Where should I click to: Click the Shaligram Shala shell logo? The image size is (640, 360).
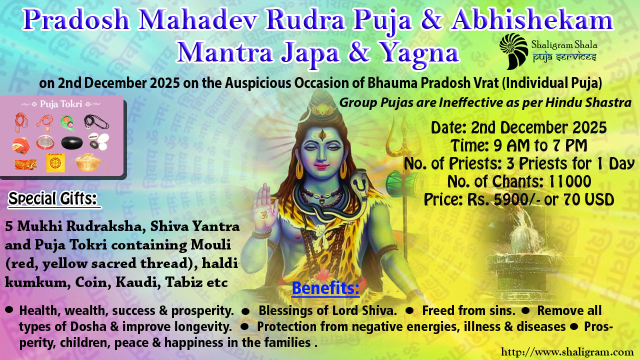click(x=513, y=51)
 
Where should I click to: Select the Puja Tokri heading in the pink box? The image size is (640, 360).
click(x=61, y=103)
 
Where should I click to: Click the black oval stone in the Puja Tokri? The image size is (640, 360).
click(x=72, y=143)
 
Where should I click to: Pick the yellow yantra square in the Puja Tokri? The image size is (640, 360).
click(x=55, y=162)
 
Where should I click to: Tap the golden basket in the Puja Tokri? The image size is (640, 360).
click(x=88, y=162)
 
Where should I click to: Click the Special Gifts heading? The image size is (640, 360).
click(x=53, y=198)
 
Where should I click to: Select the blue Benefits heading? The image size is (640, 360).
click(x=325, y=288)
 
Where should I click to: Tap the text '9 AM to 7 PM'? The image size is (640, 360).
click(x=540, y=145)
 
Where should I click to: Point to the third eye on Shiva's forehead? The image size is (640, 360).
click(x=322, y=134)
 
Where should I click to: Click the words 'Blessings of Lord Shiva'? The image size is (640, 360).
click(x=327, y=310)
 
